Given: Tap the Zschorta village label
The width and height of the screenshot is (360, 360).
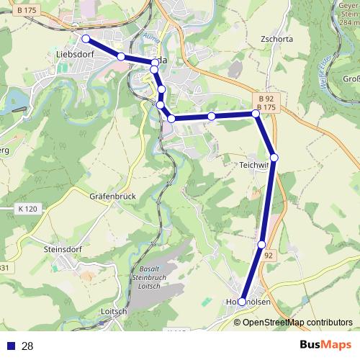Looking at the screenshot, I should [277, 40].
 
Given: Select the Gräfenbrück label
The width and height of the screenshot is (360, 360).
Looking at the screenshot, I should [112, 196].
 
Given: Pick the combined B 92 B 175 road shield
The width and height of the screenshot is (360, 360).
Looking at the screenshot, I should [266, 102].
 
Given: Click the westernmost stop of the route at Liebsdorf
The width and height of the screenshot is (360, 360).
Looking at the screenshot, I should [85, 39].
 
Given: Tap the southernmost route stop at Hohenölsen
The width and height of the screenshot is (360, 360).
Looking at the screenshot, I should [242, 302].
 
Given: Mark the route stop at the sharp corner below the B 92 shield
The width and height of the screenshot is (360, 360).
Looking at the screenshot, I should [256, 114].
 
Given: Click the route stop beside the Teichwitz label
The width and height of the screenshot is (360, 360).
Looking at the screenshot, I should [274, 158].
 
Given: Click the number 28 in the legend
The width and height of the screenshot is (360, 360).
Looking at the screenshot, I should [28, 346].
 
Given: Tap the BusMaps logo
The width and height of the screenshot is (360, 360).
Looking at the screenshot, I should [325, 345].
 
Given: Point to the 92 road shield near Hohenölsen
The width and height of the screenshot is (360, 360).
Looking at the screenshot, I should [269, 255].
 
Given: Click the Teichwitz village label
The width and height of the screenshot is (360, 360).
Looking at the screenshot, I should [253, 164].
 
